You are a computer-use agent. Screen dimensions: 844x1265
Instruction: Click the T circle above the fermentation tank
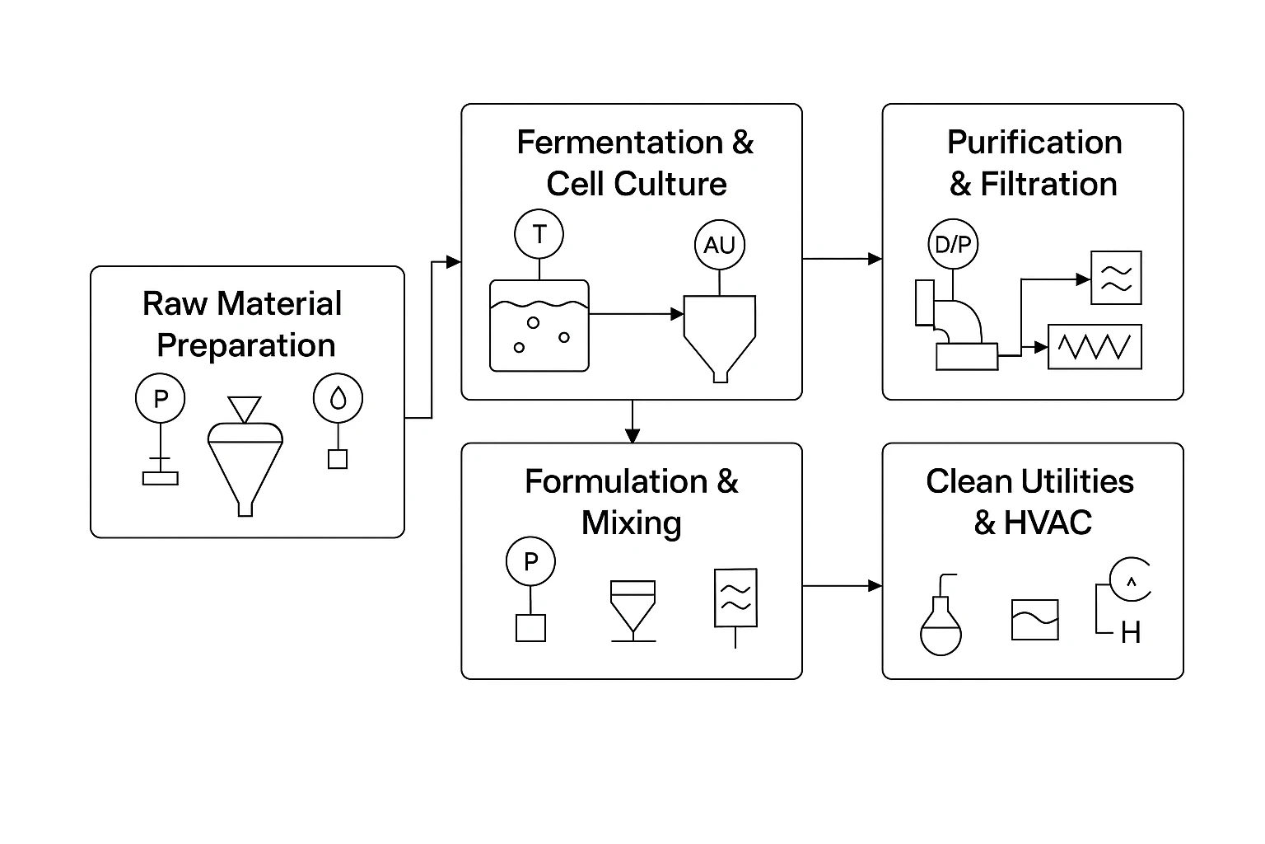click(x=539, y=234)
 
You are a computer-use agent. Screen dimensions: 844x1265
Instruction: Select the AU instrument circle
click(x=719, y=245)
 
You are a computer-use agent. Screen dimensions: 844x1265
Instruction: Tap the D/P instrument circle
click(x=953, y=244)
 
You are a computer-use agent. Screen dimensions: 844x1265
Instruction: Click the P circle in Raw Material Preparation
click(x=161, y=399)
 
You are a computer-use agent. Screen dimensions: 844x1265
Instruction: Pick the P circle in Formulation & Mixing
click(x=530, y=562)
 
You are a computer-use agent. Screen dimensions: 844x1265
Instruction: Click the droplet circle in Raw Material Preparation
click(x=338, y=399)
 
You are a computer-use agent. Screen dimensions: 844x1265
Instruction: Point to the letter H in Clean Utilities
click(x=1131, y=633)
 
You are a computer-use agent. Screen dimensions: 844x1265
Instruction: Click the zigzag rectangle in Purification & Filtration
click(x=1095, y=347)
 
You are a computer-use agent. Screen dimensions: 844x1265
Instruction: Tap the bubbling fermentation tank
click(x=539, y=326)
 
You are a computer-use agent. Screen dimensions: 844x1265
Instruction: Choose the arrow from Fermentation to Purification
click(x=842, y=259)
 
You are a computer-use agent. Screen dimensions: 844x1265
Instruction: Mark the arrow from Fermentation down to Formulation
click(x=632, y=422)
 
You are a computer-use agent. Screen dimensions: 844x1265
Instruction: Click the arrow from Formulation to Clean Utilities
click(x=842, y=586)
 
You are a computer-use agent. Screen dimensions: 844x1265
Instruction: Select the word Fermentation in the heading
click(x=619, y=143)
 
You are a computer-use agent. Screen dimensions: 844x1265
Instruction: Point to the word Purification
click(x=1034, y=143)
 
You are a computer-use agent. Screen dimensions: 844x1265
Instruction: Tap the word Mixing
click(x=632, y=523)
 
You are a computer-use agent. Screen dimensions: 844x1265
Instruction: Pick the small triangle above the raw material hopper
click(x=245, y=409)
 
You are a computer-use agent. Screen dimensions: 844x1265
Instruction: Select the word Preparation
click(x=246, y=345)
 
